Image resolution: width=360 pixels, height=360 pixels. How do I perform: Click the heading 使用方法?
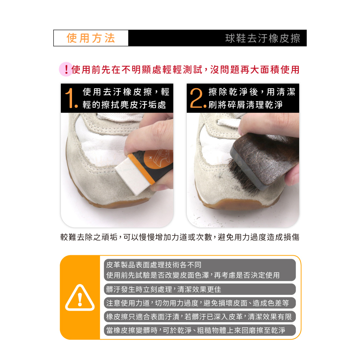tap(91, 38)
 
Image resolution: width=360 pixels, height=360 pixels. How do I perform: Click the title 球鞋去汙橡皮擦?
tap(263, 38)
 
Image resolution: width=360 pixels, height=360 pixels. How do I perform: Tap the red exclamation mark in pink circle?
tap(66, 69)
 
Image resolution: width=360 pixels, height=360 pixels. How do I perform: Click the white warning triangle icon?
tap(80, 298)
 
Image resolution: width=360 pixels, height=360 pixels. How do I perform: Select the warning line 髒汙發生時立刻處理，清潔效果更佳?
tap(163, 289)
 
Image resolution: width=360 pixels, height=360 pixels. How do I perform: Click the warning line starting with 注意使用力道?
tap(197, 303)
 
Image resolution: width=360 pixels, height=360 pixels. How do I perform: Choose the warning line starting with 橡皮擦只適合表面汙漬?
tap(199, 317)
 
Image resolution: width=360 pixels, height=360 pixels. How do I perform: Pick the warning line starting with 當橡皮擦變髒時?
tap(195, 330)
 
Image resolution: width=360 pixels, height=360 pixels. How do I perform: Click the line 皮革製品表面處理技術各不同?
tap(154, 265)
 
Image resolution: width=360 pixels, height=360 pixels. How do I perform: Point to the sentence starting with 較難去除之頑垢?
tap(180, 237)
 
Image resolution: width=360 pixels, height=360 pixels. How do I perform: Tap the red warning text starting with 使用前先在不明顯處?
tap(185, 69)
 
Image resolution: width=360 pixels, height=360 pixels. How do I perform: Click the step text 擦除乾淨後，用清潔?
tap(252, 92)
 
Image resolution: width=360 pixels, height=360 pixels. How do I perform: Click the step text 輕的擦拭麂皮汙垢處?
tap(124, 105)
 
